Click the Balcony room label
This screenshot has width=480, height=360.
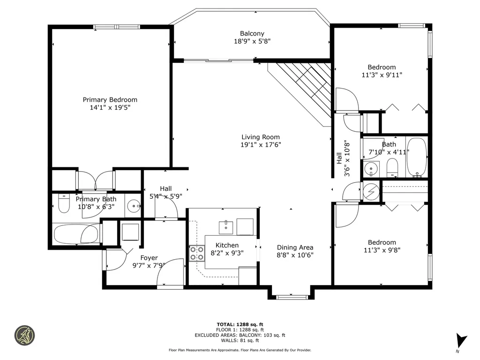tap(252, 33)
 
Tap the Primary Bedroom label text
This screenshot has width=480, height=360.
tap(110, 100)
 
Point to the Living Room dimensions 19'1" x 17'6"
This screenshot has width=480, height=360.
tap(261, 145)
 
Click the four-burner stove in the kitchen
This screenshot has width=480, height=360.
tap(197, 253)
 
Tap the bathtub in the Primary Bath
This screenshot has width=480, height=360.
tap(76, 234)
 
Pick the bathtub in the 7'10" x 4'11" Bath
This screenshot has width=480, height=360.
tap(416, 157)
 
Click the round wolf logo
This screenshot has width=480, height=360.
tap(25, 336)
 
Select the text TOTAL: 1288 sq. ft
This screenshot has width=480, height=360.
tap(240, 324)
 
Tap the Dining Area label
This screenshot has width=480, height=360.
tap(295, 247)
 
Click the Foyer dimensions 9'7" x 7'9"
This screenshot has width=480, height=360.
tap(149, 265)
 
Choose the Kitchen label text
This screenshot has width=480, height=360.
tap(227, 245)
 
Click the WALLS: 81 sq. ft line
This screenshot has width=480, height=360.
tap(240, 340)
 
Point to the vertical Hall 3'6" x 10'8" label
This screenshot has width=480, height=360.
tap(343, 158)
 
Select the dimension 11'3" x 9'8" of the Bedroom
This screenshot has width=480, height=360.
tap(381, 250)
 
